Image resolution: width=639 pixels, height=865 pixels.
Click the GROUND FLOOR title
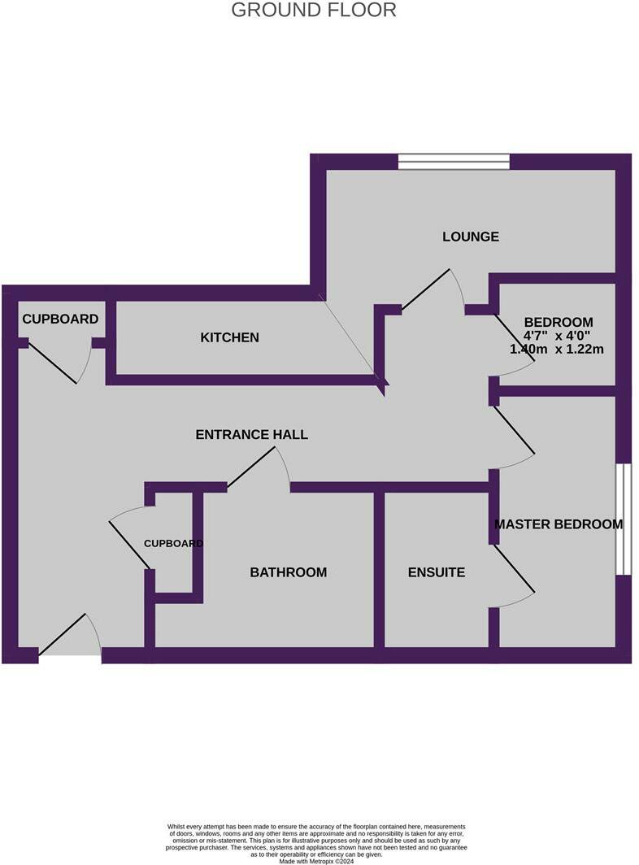pos(314,11)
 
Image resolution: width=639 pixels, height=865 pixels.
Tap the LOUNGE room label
pos(470,237)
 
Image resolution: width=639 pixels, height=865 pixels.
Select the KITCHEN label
pos(229,337)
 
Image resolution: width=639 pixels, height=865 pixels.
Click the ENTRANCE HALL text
pos(251,434)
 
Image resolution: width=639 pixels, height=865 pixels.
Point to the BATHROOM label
pos(288,572)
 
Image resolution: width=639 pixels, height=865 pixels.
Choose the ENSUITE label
pos(436,572)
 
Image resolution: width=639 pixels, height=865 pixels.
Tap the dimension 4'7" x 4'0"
pos(558,335)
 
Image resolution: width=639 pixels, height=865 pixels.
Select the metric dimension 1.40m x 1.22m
pos(556,349)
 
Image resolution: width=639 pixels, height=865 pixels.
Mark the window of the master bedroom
pos(623,519)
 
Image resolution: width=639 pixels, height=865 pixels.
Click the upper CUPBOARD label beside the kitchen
pos(60,319)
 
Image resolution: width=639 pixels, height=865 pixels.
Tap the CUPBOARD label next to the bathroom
pos(173,543)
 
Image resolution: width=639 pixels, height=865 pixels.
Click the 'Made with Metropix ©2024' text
pos(316,861)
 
